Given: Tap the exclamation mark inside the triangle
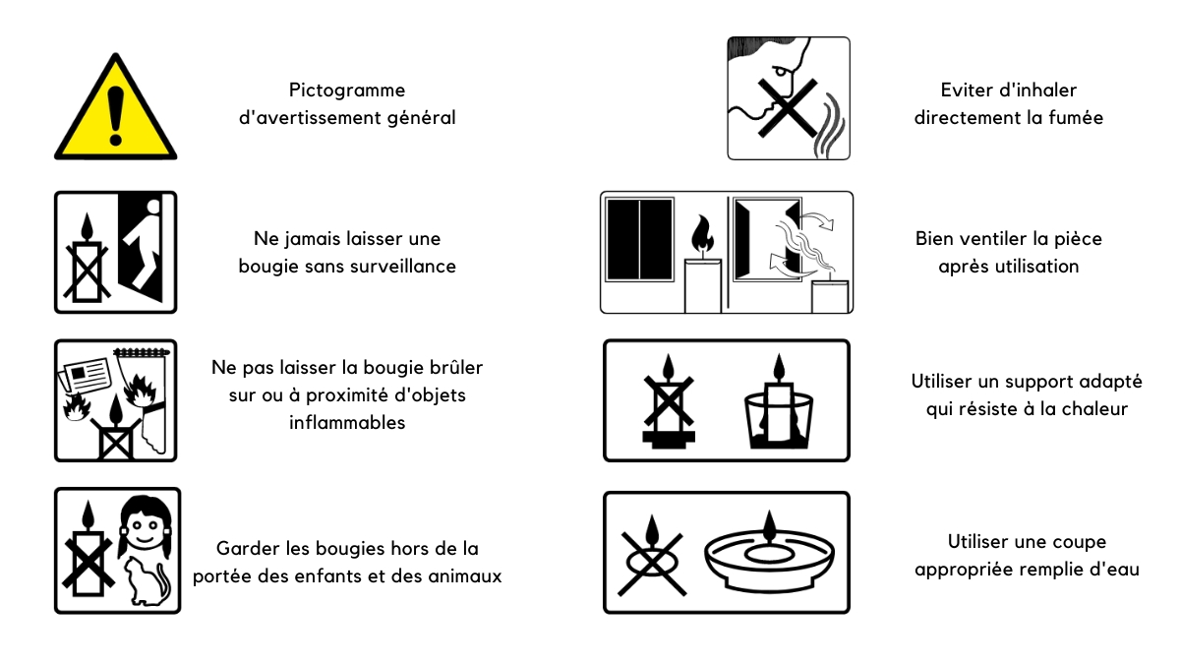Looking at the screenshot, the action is [115, 115].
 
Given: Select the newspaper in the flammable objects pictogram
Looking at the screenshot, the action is [85, 374].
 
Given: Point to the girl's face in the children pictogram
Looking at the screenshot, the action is [145, 527].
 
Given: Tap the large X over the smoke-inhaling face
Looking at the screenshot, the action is [788, 108].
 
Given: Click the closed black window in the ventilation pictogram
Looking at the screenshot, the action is [639, 240].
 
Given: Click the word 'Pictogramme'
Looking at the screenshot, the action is [347, 91].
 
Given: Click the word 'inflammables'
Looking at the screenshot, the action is [347, 423].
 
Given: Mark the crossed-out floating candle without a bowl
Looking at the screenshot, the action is [652, 556].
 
